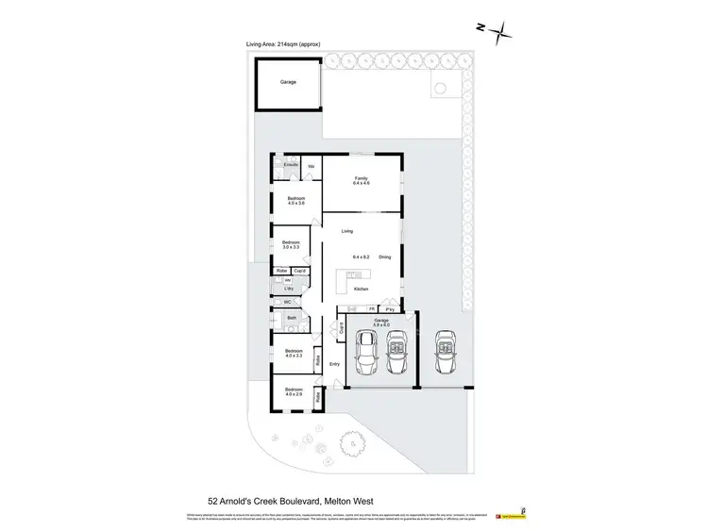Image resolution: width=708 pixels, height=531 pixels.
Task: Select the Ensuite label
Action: pyautogui.click(x=291, y=165)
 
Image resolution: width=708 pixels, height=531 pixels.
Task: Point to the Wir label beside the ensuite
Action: pyautogui.click(x=312, y=167)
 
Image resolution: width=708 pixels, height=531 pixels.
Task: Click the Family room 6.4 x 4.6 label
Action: pyautogui.click(x=361, y=180)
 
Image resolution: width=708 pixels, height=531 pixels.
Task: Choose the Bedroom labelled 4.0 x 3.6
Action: pyautogui.click(x=296, y=201)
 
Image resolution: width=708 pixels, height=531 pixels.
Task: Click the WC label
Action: pyautogui.click(x=288, y=302)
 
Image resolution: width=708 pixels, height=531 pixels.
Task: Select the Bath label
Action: pyautogui.click(x=293, y=318)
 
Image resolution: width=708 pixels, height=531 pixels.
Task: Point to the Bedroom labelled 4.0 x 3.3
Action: pyautogui.click(x=293, y=354)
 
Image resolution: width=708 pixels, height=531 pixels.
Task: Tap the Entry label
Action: pyautogui.click(x=334, y=364)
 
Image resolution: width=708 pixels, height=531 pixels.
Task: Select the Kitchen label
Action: pyautogui.click(x=361, y=290)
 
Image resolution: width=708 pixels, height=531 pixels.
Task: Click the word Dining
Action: pyautogui.click(x=385, y=257)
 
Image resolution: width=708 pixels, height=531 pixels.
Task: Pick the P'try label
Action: pyautogui.click(x=390, y=308)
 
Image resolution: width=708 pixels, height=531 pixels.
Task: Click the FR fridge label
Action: pyautogui.click(x=372, y=308)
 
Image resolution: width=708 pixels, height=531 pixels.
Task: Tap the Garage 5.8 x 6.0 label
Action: pyautogui.click(x=381, y=323)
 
